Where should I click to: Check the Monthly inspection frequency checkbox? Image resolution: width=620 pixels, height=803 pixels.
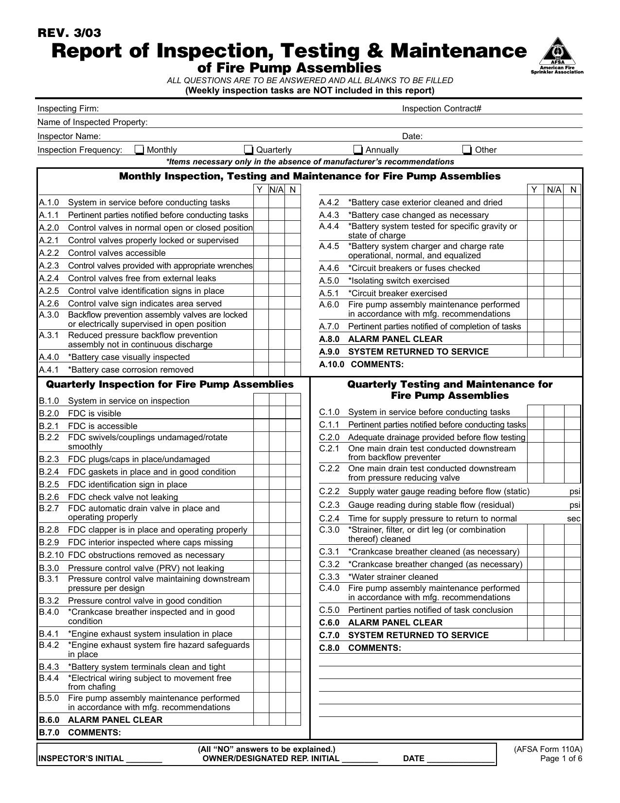140,150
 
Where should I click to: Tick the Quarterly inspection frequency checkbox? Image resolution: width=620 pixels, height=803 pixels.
249,150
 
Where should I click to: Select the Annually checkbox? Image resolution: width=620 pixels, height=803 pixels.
358,150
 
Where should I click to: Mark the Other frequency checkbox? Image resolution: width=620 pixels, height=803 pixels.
467,150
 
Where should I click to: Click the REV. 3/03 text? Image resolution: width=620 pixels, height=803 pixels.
70,33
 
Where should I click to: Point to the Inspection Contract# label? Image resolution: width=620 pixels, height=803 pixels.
442,109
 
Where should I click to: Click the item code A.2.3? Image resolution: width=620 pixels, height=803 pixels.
49,266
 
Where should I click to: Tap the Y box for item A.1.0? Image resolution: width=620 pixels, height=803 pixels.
261,202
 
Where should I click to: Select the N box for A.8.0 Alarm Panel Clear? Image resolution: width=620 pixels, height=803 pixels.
572,339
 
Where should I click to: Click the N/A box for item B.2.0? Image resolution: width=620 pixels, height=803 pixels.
277,413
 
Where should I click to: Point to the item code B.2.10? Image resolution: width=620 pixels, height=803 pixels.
52,555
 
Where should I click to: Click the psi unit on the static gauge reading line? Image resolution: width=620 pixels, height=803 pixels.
575,492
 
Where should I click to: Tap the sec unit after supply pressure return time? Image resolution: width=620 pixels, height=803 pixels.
574,519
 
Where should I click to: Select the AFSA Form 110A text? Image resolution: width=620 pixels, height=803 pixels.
548,749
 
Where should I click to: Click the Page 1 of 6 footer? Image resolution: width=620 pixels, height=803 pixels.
561,759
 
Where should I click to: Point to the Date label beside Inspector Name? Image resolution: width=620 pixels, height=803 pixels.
412,137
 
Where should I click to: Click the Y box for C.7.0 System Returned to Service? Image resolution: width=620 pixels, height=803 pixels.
535,635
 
